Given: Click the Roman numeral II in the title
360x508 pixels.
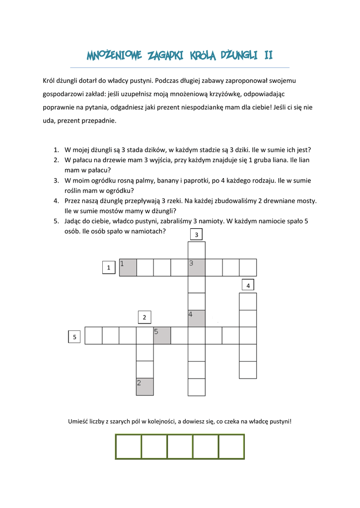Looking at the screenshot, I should click(x=268, y=55).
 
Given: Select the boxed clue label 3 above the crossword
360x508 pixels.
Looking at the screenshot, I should click(x=197, y=234).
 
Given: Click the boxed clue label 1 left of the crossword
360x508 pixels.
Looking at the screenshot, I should click(x=108, y=267).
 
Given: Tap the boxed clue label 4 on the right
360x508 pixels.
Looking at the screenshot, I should click(x=248, y=285).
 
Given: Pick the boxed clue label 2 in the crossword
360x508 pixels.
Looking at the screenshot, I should click(x=144, y=317).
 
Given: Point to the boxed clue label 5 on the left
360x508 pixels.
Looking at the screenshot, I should click(x=74, y=337).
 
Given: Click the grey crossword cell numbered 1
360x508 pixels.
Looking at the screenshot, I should click(x=128, y=267).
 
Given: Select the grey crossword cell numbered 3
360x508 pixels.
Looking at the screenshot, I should click(x=197, y=267).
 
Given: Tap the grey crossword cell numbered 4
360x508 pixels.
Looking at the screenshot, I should click(x=197, y=318).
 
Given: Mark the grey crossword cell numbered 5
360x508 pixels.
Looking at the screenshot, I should click(x=162, y=335).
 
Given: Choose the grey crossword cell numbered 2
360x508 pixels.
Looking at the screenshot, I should click(x=145, y=386).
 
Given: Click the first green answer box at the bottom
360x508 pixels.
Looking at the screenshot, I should click(x=128, y=446).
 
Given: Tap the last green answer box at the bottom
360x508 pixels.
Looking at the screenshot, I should click(x=231, y=446).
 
